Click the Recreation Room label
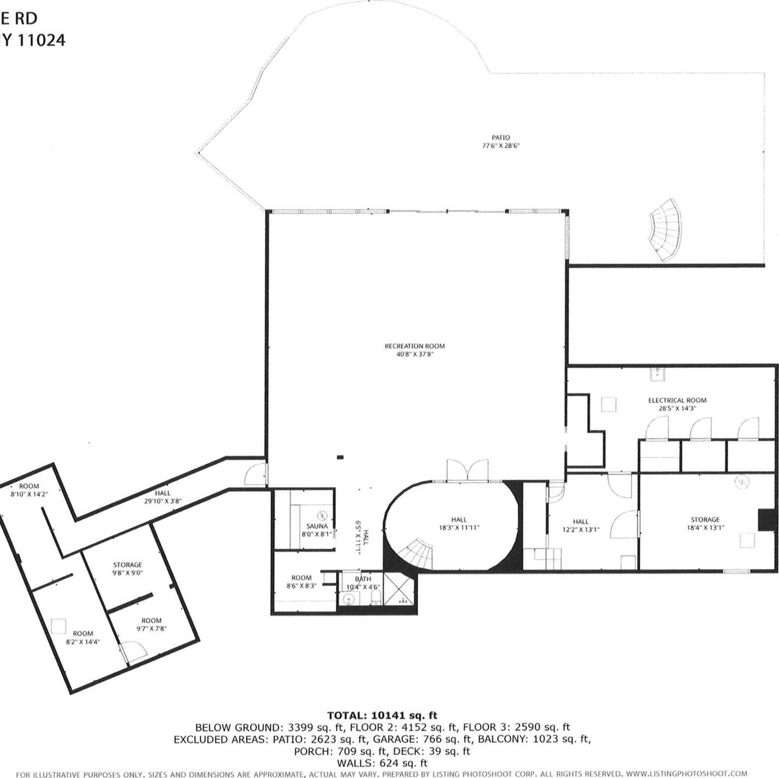tap(414, 346)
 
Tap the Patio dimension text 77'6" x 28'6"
tap(501, 146)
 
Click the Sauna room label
tap(317, 526)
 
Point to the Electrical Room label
tap(677, 400)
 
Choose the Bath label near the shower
tap(363, 579)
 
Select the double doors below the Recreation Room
tap(467, 471)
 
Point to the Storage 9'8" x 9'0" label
tap(128, 565)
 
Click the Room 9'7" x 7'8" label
tap(151, 621)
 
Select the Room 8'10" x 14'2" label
tap(29, 486)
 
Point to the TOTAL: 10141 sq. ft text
tap(382, 716)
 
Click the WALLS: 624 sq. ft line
tap(382, 763)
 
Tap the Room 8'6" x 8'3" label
tap(301, 578)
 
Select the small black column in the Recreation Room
tap(340, 456)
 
